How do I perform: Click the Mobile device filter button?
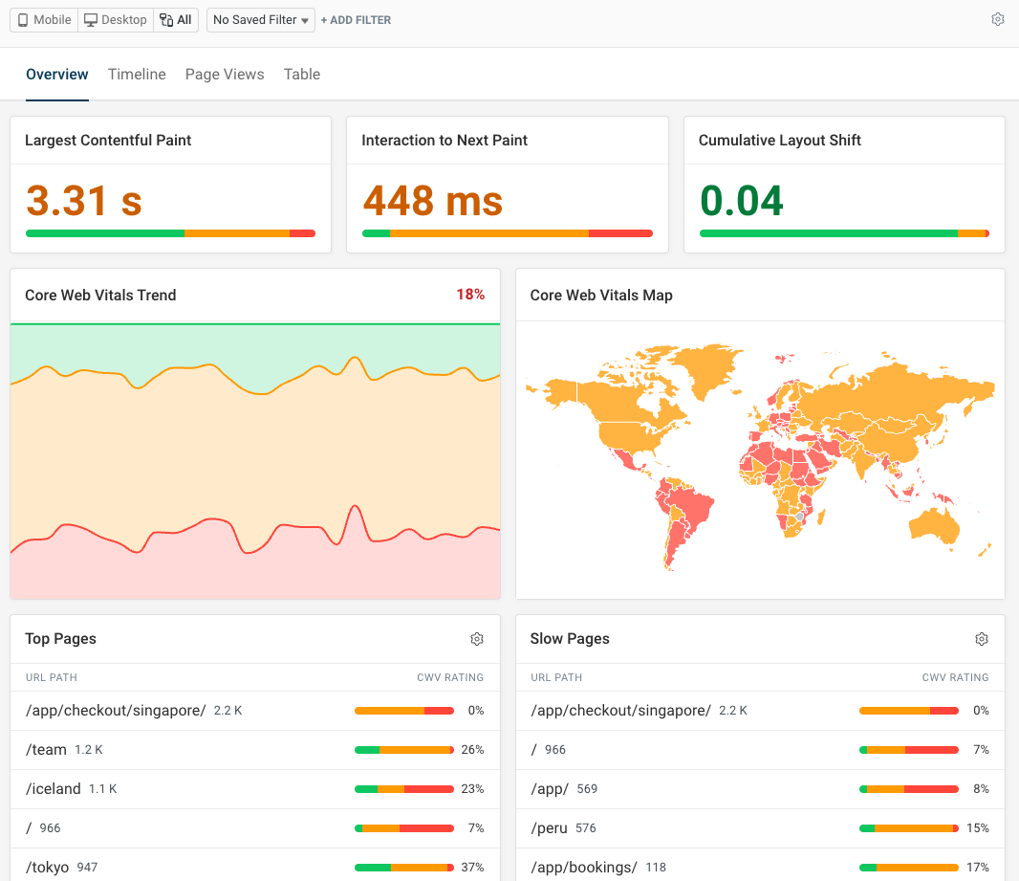pos(45,20)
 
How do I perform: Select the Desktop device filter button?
pos(116,20)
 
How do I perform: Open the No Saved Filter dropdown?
pos(260,20)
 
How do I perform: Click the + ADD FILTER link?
pos(356,20)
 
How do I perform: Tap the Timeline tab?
pos(137,75)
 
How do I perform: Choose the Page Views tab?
pos(225,75)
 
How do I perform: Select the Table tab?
pos(302,75)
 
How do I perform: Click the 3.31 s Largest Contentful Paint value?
pos(84,201)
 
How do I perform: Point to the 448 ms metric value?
pos(433,201)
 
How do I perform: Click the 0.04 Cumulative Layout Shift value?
pos(742,201)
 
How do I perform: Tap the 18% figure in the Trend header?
pos(470,295)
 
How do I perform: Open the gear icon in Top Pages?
pos(477,639)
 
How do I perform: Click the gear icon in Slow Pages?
pos(981,639)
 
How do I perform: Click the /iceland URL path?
pos(54,789)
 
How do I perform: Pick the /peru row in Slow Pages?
pos(550,828)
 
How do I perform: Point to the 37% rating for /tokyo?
pos(472,868)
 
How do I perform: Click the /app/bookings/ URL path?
pos(583,868)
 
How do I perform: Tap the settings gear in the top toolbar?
pos(998,20)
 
